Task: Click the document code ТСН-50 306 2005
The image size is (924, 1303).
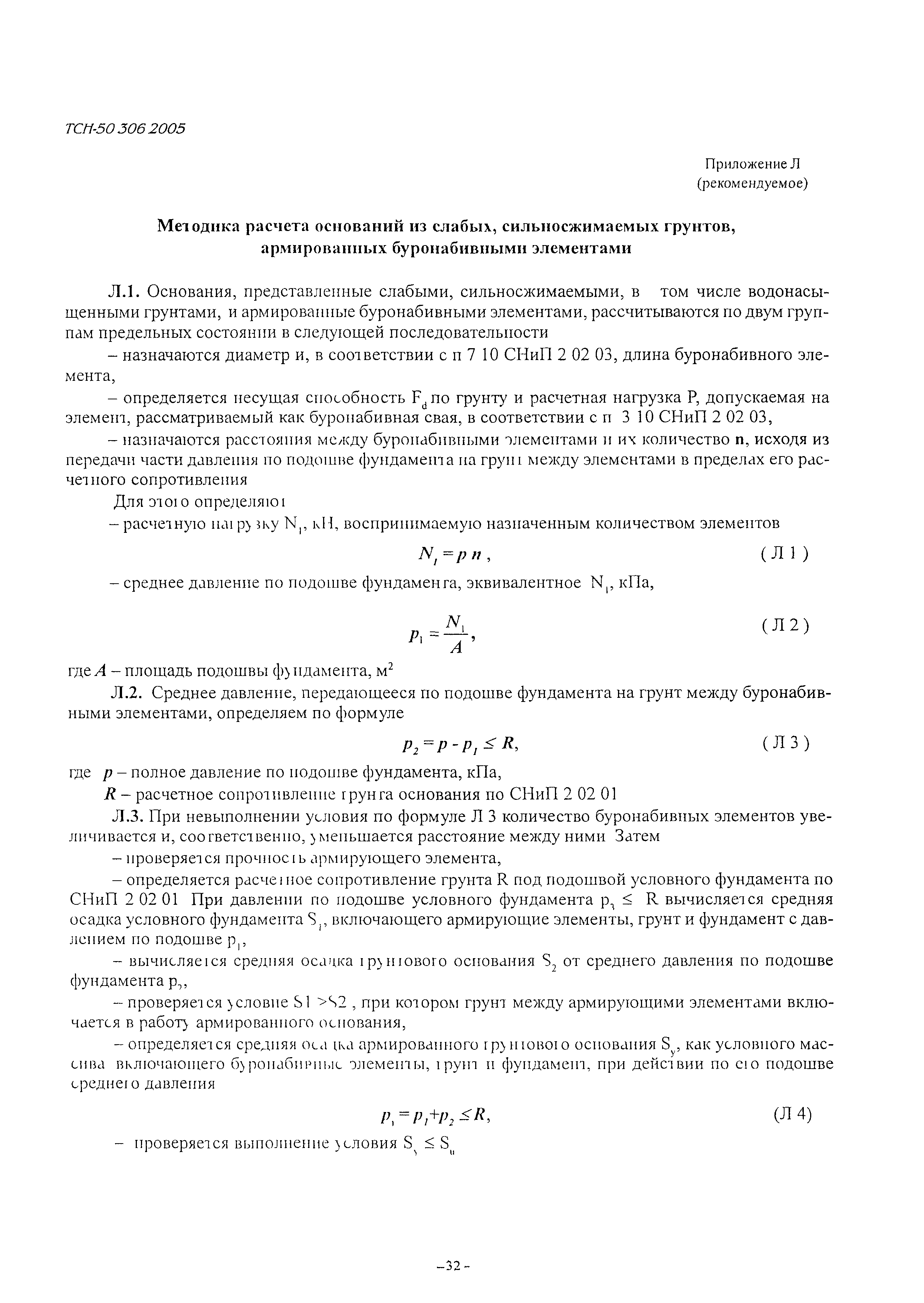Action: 125,129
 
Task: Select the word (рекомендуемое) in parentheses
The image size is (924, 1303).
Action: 753,184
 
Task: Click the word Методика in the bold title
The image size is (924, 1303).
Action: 200,226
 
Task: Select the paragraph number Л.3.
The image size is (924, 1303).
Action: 124,816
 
